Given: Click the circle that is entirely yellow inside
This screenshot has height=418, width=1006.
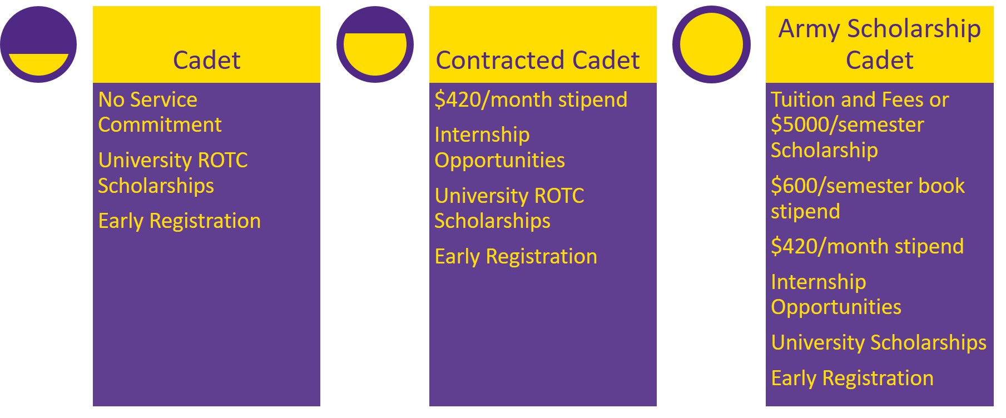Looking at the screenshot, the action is tap(711, 44).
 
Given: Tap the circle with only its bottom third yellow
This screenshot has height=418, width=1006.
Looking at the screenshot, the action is tap(38, 44).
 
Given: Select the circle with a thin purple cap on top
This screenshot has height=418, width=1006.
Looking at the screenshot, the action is tap(375, 44).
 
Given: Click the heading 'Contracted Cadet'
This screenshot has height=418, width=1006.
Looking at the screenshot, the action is tap(538, 60).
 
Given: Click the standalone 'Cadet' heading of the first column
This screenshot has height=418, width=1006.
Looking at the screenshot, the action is tap(207, 60).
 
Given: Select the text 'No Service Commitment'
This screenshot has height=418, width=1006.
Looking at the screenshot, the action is tap(160, 112).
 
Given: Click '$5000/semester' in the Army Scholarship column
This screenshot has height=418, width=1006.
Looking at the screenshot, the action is tap(848, 125).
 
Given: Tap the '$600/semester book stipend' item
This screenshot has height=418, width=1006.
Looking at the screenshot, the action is tap(868, 198).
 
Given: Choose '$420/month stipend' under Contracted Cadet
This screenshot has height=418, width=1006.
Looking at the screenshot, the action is tap(531, 100).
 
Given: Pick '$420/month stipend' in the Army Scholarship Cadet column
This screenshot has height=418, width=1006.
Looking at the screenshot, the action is tap(868, 246).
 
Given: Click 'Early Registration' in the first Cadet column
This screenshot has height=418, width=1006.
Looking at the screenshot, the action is tap(179, 221).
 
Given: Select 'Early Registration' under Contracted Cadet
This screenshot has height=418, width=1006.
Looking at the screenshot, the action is tap(516, 257).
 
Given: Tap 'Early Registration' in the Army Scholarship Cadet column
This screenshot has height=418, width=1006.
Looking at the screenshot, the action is tap(852, 379).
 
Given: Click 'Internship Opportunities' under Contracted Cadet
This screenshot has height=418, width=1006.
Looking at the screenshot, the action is tap(499, 147).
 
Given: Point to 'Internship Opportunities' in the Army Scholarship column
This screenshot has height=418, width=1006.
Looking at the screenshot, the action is tap(836, 295).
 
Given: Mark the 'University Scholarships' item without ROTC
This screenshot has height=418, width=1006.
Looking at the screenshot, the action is tap(879, 343).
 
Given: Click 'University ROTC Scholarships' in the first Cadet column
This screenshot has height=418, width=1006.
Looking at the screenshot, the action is tap(172, 173).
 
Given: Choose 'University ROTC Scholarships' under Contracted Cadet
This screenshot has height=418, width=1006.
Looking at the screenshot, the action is tap(509, 208).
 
